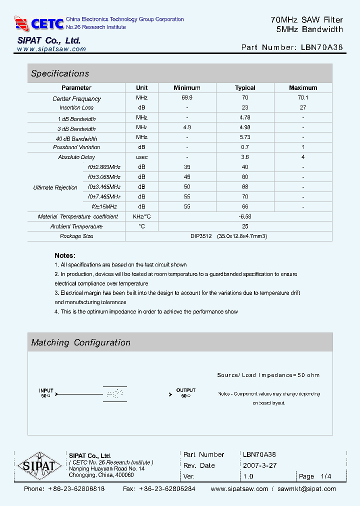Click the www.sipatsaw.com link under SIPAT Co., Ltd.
point(51,49)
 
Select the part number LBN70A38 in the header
point(322,47)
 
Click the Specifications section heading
point(60,73)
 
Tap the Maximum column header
point(303,87)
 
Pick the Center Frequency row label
point(76,99)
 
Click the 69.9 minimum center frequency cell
point(186,98)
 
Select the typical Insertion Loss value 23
point(245,107)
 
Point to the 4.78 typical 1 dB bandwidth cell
point(245,117)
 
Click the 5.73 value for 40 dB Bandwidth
point(245,137)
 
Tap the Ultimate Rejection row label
point(55,187)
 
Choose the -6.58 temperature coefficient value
point(245,216)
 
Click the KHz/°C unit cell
point(141,216)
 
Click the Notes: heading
point(65,255)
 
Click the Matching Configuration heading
point(80,342)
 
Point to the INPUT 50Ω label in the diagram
point(46,392)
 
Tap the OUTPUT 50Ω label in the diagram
point(185,392)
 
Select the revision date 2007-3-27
point(259,465)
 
